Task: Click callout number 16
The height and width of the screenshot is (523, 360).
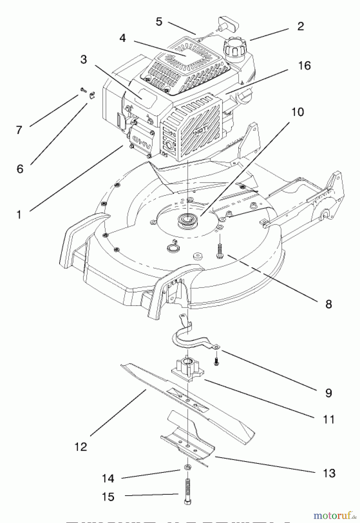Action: click(304, 66)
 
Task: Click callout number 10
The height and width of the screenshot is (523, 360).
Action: click(297, 112)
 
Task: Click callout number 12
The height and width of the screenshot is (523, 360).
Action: click(80, 447)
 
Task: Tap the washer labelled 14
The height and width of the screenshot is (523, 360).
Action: click(188, 467)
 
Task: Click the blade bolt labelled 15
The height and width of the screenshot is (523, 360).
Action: click(188, 491)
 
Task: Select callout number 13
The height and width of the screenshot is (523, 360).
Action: click(329, 473)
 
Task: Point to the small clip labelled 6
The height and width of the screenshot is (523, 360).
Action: click(92, 95)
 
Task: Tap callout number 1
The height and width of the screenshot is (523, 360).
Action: click(19, 215)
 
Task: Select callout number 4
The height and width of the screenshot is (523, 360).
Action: click(122, 38)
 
